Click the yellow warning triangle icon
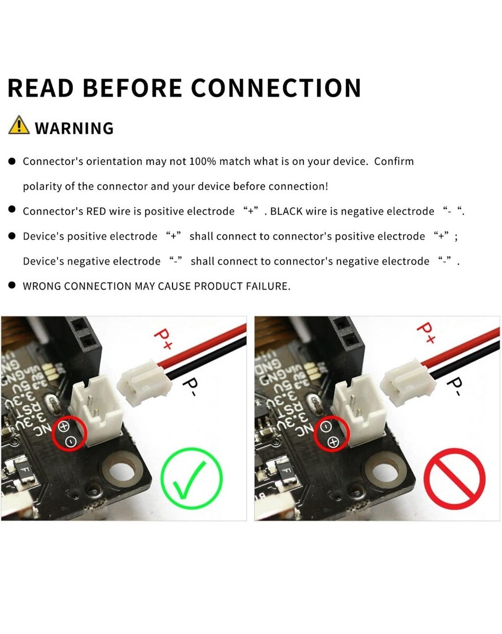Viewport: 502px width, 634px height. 19,125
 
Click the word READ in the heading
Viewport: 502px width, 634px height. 41,88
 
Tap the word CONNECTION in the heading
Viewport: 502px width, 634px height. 276,88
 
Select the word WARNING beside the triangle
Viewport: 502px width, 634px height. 75,128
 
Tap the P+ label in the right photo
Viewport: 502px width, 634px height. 426,333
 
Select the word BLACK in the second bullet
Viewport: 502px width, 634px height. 286,211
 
